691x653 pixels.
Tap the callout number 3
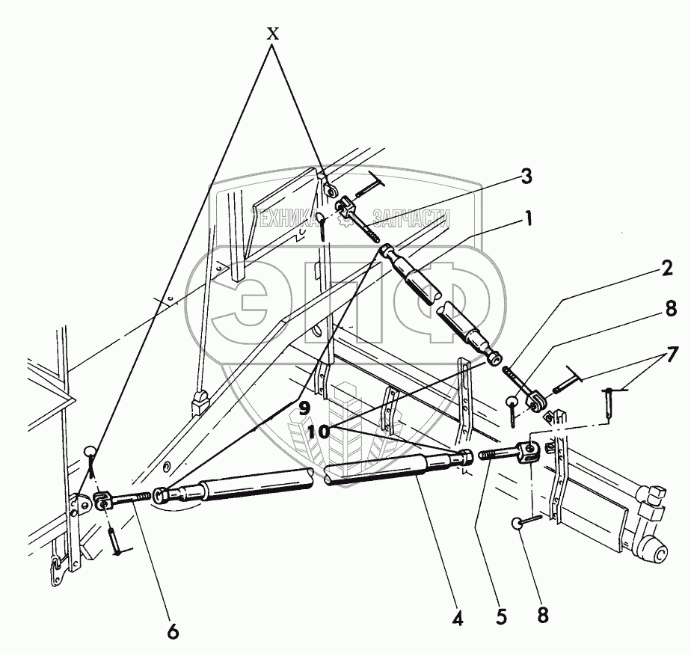tap(527, 177)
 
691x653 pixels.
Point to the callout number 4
tap(458, 619)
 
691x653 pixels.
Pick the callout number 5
tap(502, 618)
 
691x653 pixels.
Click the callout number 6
tap(173, 631)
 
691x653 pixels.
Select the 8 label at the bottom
tap(543, 615)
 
